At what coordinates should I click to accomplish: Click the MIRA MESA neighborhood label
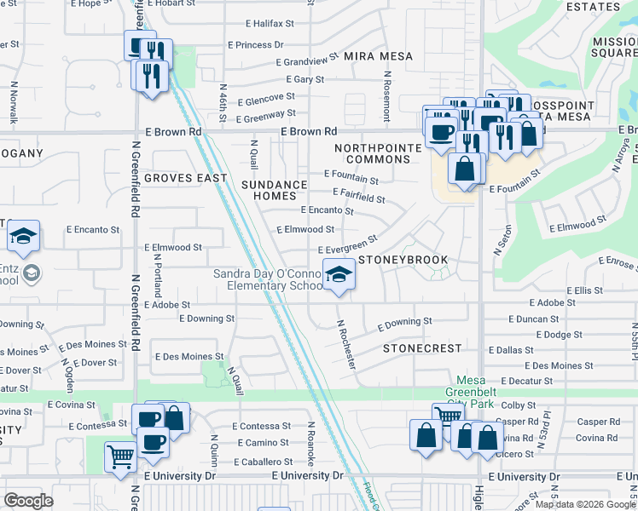point(378,56)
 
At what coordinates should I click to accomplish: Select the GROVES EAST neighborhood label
point(185,178)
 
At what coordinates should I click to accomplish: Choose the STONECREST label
point(422,348)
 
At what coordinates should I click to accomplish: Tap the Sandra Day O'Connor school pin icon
point(339,275)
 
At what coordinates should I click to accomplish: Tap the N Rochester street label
point(346,344)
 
